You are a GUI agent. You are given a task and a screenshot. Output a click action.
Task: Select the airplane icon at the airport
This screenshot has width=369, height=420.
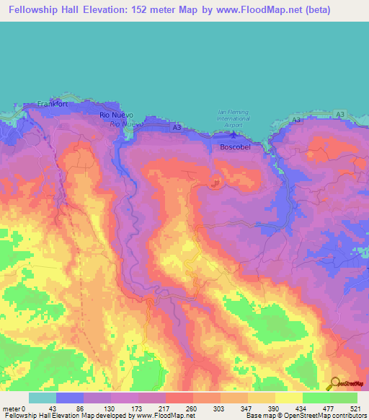click(231, 133)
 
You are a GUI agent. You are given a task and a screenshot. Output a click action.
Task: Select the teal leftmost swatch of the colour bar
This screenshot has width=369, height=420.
click(43, 397)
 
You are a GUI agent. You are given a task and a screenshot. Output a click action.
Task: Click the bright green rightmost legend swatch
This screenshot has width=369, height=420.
click(344, 397)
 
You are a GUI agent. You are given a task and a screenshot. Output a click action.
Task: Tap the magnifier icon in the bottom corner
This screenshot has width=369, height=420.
click(334, 384)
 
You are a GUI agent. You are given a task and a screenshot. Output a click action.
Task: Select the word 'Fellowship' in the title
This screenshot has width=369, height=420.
click(35, 11)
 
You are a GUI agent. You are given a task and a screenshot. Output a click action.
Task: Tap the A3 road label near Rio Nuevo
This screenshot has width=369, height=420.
click(177, 127)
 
